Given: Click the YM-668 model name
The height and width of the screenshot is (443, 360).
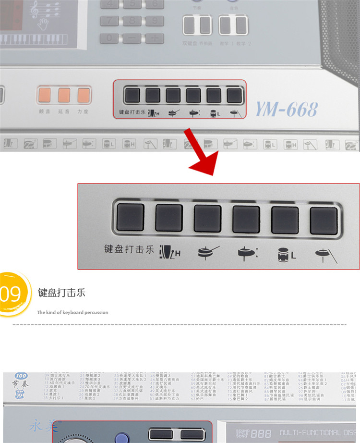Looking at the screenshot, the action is click(x=287, y=109).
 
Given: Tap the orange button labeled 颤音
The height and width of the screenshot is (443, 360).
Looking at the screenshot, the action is click(x=45, y=95).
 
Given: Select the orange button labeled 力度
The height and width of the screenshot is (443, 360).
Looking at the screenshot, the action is click(x=83, y=95).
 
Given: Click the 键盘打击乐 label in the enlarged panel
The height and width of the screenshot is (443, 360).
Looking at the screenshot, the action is click(x=129, y=249).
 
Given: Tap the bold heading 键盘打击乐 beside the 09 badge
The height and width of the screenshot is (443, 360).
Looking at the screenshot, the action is click(x=61, y=293).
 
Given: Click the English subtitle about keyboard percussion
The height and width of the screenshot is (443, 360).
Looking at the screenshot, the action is click(x=72, y=312).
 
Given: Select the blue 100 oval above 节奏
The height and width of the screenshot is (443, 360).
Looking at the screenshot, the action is click(x=21, y=375).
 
